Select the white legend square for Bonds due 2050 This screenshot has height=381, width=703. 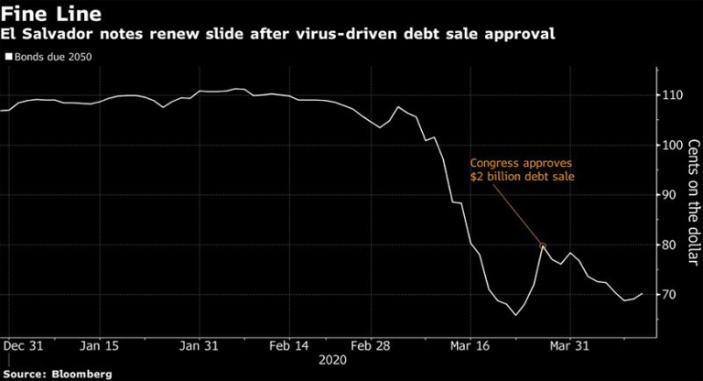pos(8,57)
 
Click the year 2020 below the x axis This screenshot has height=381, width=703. pos(332,361)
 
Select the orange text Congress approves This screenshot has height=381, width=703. pos(521,159)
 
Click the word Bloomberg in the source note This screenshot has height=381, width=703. pos(80,374)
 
